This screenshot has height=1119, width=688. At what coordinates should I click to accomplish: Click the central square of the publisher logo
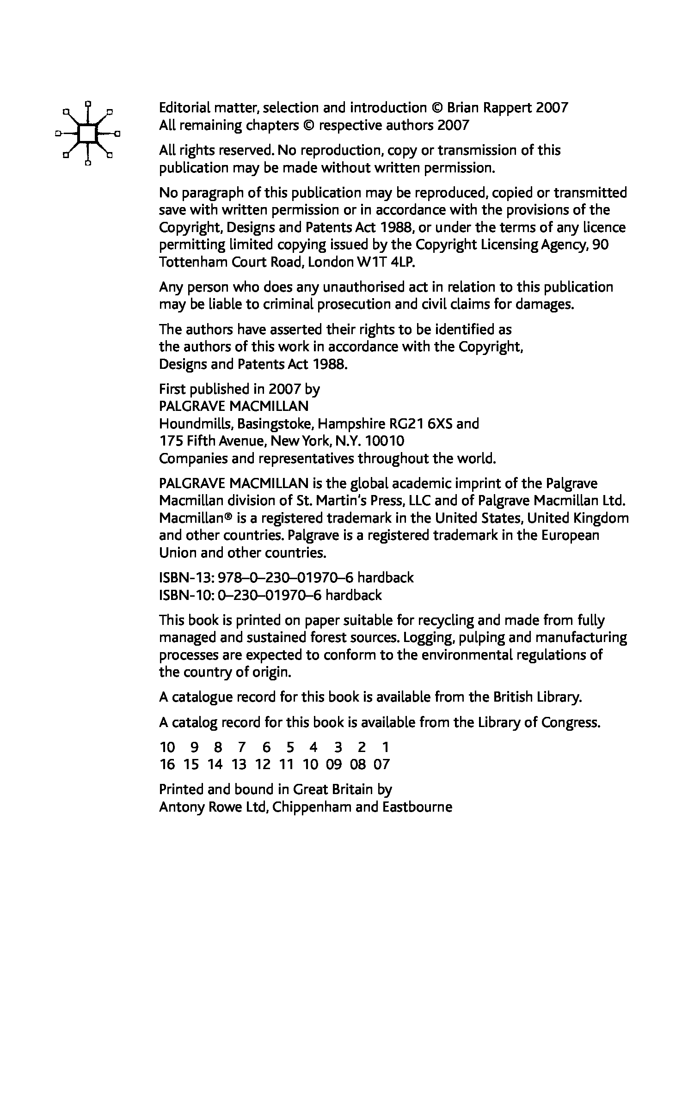(87, 134)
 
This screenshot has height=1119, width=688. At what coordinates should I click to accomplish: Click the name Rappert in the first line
(508, 108)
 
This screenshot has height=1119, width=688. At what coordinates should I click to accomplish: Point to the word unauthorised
(358, 287)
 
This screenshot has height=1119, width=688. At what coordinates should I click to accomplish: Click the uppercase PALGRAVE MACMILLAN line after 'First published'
(233, 406)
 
